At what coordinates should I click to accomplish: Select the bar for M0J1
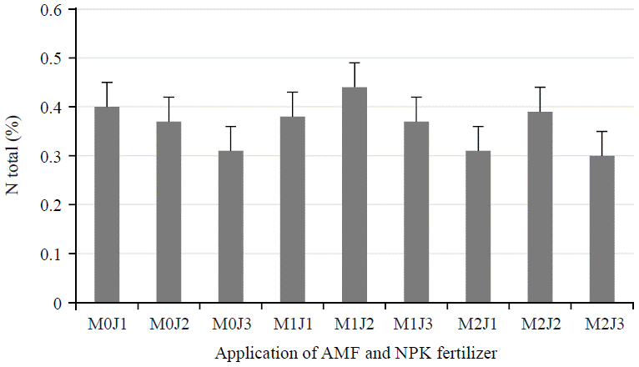pos(107,204)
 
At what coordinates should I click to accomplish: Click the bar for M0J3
pos(230,226)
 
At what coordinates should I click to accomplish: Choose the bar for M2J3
pos(601,229)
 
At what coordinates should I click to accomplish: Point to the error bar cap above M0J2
pos(169,98)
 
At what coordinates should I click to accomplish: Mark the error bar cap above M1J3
pos(416,98)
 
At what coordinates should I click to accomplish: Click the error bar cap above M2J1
pos(478,127)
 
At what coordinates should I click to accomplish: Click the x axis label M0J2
pos(169,322)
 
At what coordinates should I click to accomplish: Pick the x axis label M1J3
pos(416,322)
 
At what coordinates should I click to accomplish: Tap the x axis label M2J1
pos(478,322)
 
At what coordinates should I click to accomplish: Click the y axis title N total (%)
pos(14,156)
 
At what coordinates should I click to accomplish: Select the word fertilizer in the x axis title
pos(464,353)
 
